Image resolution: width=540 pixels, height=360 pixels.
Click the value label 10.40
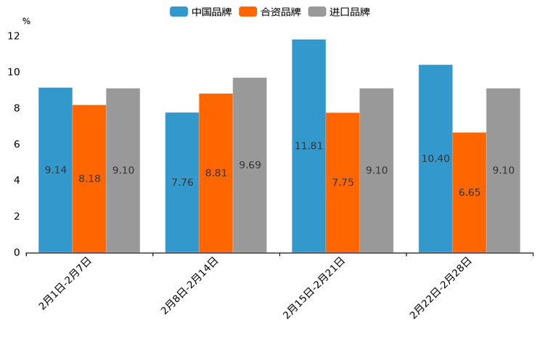[x=435, y=158]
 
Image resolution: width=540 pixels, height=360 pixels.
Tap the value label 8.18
[x=89, y=179]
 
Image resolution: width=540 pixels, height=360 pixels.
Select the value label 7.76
[x=182, y=182]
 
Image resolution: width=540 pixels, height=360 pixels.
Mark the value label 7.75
[x=343, y=182]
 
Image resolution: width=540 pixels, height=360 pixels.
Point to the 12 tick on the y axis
[x=14, y=36]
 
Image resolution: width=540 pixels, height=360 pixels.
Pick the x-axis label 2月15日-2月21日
[x=315, y=287]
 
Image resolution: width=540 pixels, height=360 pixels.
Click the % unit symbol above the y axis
[x=26, y=21]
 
